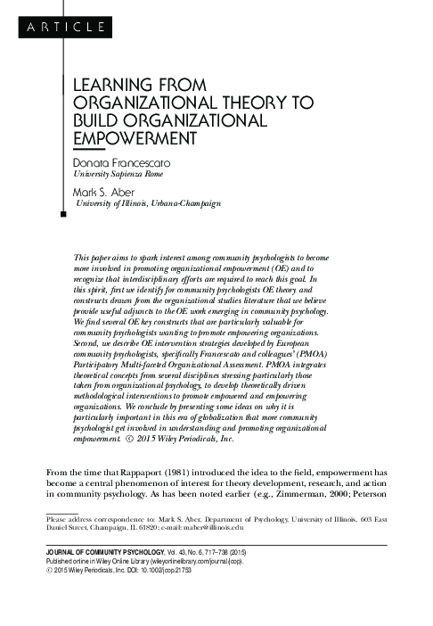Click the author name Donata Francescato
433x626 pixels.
click(x=116, y=164)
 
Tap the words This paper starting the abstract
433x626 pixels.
click(x=92, y=256)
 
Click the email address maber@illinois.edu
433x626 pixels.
click(x=252, y=527)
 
